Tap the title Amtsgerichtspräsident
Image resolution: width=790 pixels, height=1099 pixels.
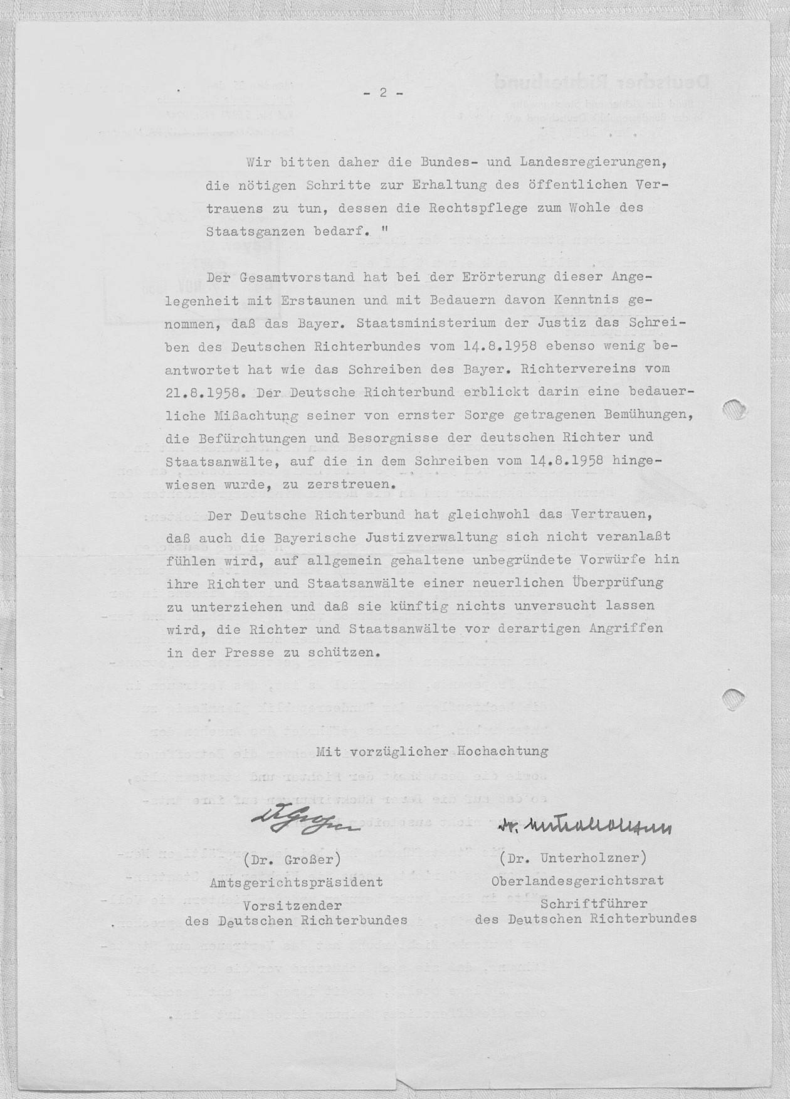coord(295,882)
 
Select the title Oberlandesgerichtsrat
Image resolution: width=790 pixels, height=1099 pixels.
coord(578,881)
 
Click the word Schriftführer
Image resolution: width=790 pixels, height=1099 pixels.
coord(593,904)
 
